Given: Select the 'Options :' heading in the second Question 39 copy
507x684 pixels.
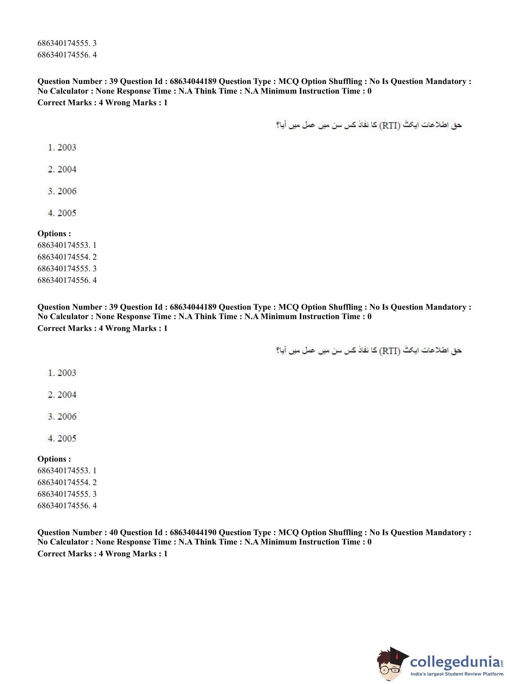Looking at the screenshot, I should point(54,459).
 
